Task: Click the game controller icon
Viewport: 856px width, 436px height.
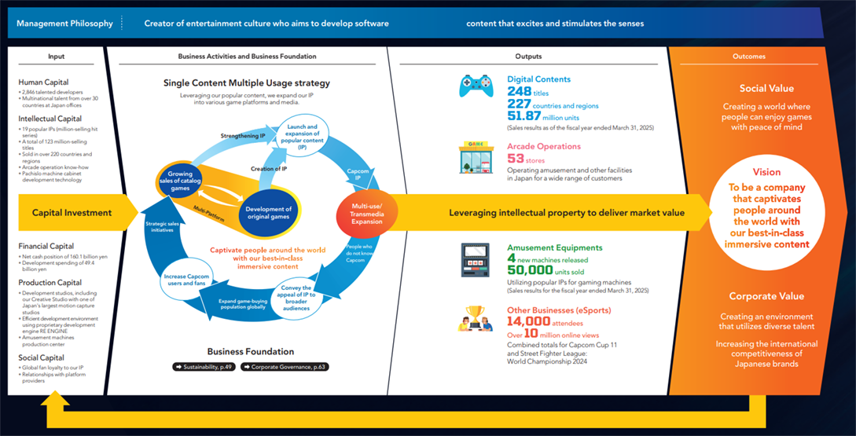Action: click(x=476, y=86)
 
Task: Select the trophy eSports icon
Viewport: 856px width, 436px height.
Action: click(x=476, y=318)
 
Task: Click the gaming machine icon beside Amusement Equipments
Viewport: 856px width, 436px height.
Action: click(x=476, y=260)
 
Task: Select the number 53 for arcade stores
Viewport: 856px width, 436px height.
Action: click(x=516, y=159)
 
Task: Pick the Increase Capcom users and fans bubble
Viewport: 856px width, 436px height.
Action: click(x=187, y=281)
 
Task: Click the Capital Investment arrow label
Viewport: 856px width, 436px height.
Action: click(x=72, y=212)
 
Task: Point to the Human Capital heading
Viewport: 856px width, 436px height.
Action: click(x=42, y=82)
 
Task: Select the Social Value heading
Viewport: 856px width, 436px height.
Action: click(x=766, y=89)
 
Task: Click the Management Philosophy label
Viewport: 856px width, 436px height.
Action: click(x=65, y=24)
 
